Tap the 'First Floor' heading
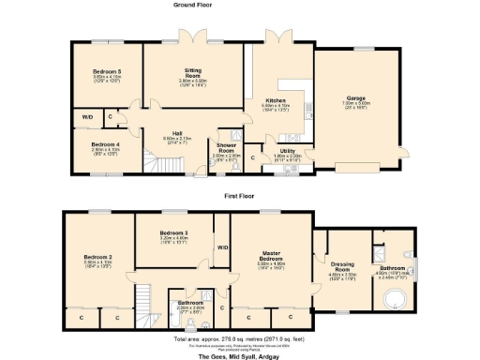240,196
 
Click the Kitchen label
275,99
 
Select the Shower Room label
227,146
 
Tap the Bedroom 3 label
174,232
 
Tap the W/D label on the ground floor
87,117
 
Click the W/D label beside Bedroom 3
223,247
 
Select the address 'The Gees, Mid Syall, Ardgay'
241,356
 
